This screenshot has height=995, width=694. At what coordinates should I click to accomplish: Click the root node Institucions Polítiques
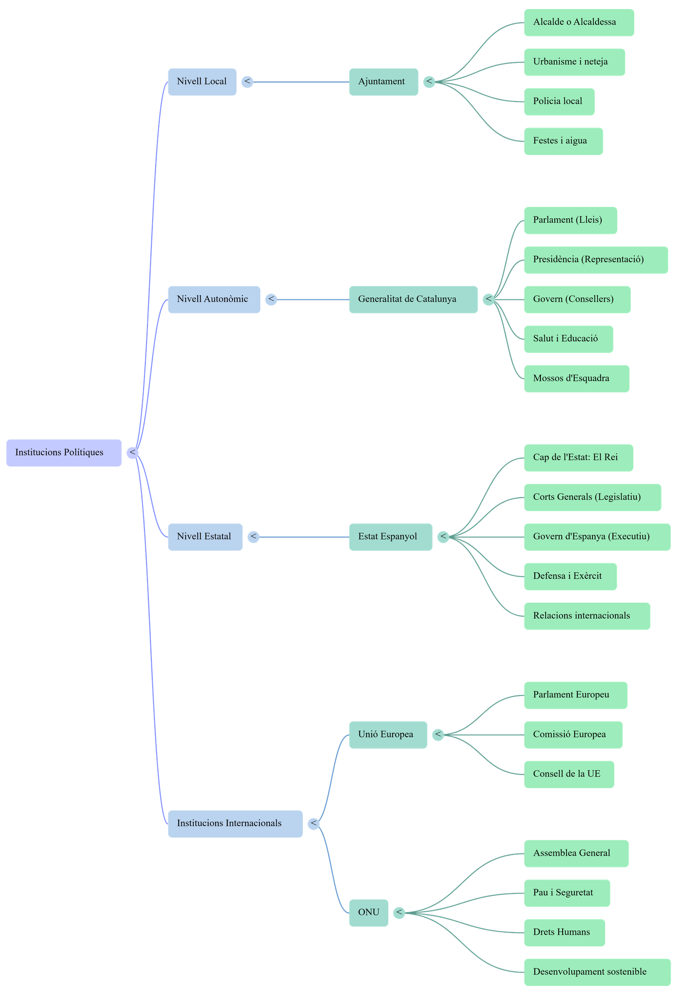pos(64,453)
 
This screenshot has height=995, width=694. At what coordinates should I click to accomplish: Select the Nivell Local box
pos(202,82)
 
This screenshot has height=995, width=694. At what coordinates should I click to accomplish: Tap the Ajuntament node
pos(383,82)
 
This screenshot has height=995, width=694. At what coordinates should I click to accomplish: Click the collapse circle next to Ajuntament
pos(429,82)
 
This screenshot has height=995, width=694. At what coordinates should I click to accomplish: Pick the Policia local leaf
pos(559,102)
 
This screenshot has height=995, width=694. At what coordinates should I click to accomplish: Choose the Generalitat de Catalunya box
pos(413,299)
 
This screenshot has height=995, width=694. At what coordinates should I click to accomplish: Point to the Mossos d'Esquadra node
pos(576,378)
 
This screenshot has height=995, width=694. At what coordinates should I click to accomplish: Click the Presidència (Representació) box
pos(596,260)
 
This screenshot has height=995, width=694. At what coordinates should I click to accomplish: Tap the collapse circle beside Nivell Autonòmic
pos(271,299)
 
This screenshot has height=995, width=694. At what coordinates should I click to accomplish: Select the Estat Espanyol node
pos(390,537)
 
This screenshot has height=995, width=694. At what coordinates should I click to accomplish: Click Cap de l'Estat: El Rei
pos(578,457)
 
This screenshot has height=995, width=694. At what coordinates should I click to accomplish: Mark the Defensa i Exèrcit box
pos(570,576)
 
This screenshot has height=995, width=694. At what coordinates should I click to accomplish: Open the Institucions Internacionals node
pos(235,823)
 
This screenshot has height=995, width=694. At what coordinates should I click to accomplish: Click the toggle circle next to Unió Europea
pos(438,735)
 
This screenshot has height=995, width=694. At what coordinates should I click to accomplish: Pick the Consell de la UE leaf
pos(569,774)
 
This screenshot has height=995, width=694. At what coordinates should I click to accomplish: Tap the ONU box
pos(368,913)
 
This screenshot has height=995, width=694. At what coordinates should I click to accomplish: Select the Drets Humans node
pos(564,932)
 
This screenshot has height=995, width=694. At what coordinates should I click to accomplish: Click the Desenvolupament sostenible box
pos(596,972)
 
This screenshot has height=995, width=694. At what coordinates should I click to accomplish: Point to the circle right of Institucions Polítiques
pos(132,453)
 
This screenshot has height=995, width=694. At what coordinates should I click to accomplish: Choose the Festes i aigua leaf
pos(563,141)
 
